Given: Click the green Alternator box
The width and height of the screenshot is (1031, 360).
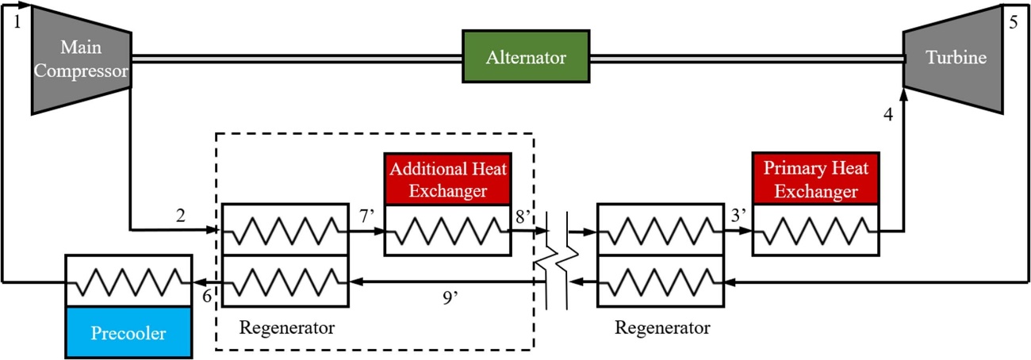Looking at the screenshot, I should (x=525, y=56).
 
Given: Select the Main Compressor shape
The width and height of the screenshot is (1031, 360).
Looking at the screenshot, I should (x=81, y=60).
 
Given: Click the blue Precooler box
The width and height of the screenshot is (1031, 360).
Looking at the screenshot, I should (x=128, y=332).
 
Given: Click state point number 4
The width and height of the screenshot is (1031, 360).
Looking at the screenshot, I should (x=889, y=115).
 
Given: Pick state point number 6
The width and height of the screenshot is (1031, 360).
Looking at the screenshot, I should (x=206, y=295).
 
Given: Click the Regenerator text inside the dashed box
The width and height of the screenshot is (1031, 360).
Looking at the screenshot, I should (x=287, y=327).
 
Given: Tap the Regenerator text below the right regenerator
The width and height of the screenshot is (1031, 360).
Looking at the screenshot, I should (x=662, y=327).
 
